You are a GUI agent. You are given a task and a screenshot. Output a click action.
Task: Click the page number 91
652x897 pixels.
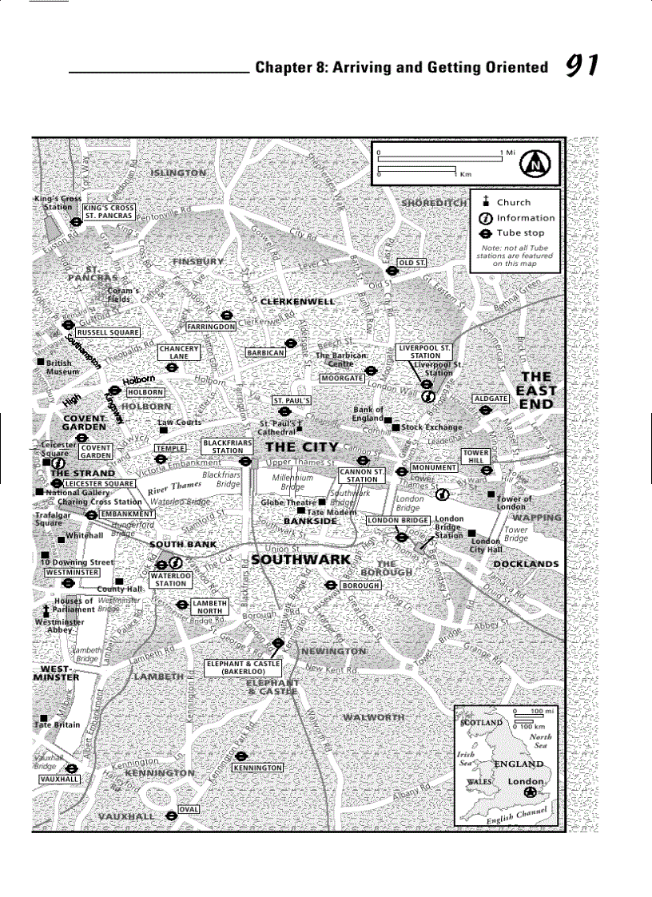[x=582, y=65]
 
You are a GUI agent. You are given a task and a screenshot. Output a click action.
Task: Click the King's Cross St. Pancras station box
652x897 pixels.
[x=109, y=211]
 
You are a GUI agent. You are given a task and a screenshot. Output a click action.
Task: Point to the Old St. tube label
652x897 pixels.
[x=411, y=263]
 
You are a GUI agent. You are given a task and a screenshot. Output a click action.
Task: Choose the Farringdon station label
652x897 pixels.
[x=211, y=327]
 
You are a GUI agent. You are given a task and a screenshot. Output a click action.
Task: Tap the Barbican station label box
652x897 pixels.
[x=265, y=352]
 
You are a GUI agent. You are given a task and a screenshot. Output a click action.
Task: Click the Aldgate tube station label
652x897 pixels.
[x=491, y=398]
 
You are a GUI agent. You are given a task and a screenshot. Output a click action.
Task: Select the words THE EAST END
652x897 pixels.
[x=536, y=390]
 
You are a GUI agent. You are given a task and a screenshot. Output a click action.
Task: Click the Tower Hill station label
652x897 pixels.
[x=475, y=457]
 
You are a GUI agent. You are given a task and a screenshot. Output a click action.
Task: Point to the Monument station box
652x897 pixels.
[x=435, y=467]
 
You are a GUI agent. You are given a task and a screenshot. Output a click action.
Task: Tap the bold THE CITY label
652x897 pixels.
[x=302, y=447]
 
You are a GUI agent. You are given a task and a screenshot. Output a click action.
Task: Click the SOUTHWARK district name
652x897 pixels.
[x=300, y=559]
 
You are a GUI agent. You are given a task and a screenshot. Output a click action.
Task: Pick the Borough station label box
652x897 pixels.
[x=360, y=585]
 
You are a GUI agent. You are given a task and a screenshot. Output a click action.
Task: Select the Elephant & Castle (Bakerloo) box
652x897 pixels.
[x=243, y=668]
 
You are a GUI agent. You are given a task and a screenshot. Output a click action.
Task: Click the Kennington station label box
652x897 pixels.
[x=257, y=768]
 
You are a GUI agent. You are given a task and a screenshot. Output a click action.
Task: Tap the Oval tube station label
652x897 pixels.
[x=188, y=809]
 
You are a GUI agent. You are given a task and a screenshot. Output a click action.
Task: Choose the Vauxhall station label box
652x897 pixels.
[x=60, y=779]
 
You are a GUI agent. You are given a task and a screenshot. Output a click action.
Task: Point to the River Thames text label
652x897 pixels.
[x=175, y=486]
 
